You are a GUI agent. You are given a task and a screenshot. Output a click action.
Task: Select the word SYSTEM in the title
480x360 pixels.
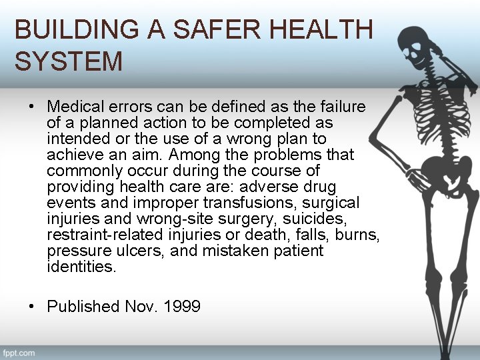69,61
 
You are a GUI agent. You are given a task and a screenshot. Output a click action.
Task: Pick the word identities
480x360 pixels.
81,267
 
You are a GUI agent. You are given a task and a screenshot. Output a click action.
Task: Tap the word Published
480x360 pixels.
83,307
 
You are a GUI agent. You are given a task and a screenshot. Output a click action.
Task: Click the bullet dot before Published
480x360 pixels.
31,307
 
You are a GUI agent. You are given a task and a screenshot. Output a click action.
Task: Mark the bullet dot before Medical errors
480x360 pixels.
31,107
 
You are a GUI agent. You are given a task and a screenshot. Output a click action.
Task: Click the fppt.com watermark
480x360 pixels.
19,353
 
